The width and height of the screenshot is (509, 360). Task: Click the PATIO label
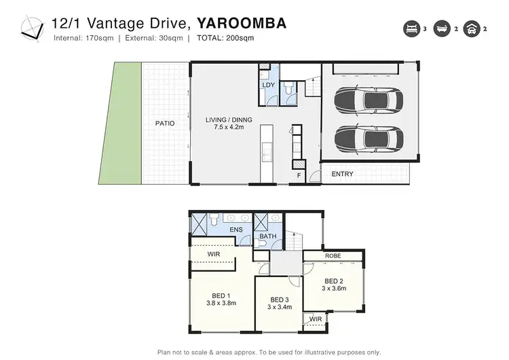tap(164, 124)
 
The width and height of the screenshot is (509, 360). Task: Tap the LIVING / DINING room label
tap(229, 120)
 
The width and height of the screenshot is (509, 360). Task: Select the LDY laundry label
tap(268, 85)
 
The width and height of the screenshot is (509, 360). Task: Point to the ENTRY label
tap(342, 175)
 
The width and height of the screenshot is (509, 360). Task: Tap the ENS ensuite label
tap(236, 230)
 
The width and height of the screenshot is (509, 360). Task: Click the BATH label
tap(267, 238)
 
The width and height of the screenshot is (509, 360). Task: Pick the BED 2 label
tap(333, 281)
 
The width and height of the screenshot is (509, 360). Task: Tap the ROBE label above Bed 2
tap(333, 256)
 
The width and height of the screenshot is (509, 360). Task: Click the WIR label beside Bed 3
tap(316, 319)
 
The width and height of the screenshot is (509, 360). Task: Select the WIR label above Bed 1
tap(214, 254)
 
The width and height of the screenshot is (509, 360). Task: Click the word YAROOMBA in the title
tap(242, 23)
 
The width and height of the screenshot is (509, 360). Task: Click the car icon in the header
tap(469, 29)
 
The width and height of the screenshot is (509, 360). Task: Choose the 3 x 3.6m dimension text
tap(333, 288)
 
